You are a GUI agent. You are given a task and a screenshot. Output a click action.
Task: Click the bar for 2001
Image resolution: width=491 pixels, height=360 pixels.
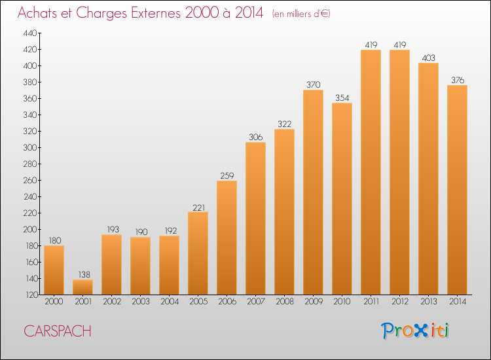click(x=82, y=287)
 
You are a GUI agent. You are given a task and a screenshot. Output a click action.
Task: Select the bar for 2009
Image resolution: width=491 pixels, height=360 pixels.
click(x=313, y=192)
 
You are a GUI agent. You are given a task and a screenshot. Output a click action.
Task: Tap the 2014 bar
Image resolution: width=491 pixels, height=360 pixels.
click(x=457, y=190)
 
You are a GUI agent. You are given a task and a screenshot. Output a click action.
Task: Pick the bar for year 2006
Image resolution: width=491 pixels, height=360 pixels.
click(x=227, y=238)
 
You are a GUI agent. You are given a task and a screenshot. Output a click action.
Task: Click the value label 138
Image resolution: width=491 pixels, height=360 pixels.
click(x=84, y=274)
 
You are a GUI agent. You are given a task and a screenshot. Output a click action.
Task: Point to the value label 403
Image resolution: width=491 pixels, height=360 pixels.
click(x=428, y=58)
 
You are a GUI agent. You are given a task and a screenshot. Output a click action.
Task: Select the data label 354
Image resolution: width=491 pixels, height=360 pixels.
click(x=342, y=98)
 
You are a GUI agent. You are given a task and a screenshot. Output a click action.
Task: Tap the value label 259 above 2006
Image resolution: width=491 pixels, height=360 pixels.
click(x=227, y=175)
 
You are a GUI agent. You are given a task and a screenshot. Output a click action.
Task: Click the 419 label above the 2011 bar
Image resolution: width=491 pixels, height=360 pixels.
click(x=371, y=45)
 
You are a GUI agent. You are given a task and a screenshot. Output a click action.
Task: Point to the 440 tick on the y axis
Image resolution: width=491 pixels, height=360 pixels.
click(x=30, y=33)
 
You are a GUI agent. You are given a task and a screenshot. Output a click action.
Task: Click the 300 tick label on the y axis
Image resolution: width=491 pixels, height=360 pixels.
click(x=30, y=147)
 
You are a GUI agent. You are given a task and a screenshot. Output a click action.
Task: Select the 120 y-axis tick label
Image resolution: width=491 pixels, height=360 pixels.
click(x=31, y=295)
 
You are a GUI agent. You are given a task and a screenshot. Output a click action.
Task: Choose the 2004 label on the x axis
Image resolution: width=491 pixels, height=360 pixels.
click(x=170, y=302)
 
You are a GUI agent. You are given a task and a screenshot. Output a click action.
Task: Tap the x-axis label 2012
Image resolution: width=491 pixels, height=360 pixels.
click(x=400, y=302)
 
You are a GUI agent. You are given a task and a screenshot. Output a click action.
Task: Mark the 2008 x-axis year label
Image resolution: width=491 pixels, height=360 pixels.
click(x=285, y=302)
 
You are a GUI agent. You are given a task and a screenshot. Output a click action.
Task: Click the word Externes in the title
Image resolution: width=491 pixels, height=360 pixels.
click(x=156, y=13)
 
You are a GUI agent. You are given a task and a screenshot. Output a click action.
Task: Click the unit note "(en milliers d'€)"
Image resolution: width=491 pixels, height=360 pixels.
click(x=301, y=14)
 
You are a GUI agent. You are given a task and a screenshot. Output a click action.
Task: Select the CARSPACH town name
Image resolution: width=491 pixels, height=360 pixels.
click(x=58, y=331)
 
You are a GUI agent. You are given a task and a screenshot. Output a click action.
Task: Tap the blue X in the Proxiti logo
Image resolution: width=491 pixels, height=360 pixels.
click(x=420, y=331)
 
